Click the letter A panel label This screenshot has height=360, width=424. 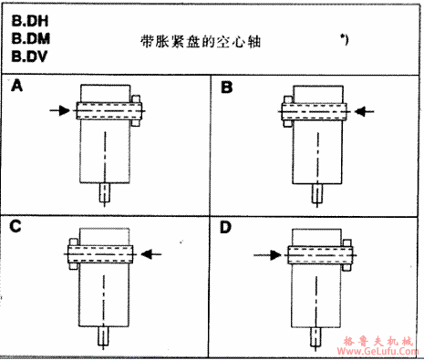point(17,88)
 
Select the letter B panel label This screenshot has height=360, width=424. point(227,88)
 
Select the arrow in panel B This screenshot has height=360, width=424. point(365,110)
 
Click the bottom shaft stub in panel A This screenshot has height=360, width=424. point(107,193)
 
